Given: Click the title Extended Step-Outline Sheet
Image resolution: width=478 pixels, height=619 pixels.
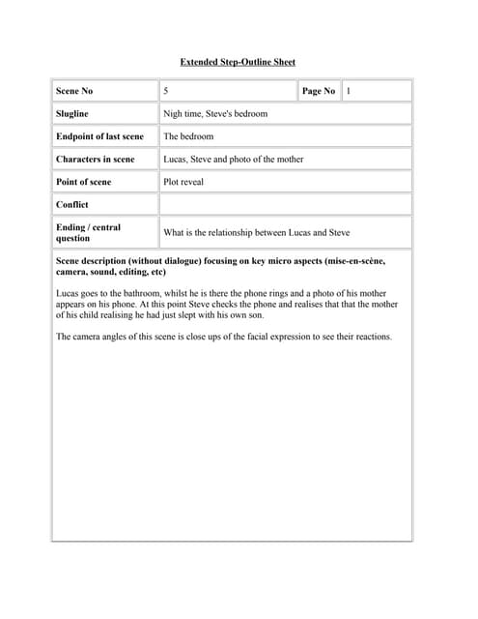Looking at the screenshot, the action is point(238,62).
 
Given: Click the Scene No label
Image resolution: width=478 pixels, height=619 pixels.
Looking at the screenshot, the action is point(74,91).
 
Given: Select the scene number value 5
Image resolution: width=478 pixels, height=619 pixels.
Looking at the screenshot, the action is point(166,91).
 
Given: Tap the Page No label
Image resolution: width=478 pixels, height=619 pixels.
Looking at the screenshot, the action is point(319,91).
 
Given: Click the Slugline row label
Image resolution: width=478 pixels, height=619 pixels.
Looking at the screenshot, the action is point(72,114).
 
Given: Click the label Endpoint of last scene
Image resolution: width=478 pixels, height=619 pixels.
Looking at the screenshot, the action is point(99,136).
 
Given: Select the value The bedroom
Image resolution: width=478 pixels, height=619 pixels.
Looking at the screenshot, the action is point(188,136).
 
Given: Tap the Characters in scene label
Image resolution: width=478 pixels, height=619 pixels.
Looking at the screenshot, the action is point(96,159).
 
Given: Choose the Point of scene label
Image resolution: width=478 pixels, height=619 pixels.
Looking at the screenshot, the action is point(84,182).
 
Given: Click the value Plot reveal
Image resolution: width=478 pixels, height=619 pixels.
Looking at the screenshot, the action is point(183,182).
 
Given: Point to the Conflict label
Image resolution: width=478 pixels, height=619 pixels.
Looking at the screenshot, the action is point(72,205).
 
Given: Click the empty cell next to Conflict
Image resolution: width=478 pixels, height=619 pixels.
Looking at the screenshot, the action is point(285,205).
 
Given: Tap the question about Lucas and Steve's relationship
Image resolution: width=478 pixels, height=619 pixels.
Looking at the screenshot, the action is point(257,233).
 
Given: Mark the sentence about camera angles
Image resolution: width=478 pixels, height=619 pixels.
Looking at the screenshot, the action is point(224,337).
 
